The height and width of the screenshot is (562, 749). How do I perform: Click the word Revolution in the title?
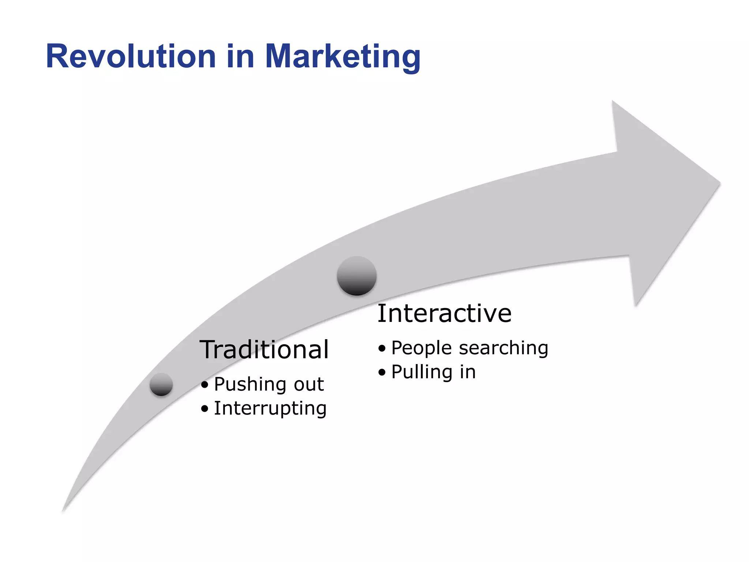pos(131,57)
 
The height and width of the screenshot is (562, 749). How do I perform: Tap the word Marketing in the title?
pos(342,58)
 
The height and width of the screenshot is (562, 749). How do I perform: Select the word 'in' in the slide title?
pos(240,57)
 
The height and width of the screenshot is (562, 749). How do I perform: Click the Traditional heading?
pos(264,350)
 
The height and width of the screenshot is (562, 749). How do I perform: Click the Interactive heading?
pos(444,314)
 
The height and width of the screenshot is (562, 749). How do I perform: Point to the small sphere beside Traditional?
pos(161,384)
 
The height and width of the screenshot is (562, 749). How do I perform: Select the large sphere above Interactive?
pos(357,276)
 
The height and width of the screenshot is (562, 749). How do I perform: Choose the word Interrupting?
pos(270,409)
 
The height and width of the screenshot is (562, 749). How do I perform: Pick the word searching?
pos(504,348)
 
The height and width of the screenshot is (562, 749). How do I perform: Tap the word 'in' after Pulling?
pos(468,372)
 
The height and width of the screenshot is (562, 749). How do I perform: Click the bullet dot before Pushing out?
pos(205,385)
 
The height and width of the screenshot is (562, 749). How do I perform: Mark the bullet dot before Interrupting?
pos(205,409)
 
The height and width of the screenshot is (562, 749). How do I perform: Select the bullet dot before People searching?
pos(382,348)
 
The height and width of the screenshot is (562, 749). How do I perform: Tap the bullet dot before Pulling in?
pos(382,372)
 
